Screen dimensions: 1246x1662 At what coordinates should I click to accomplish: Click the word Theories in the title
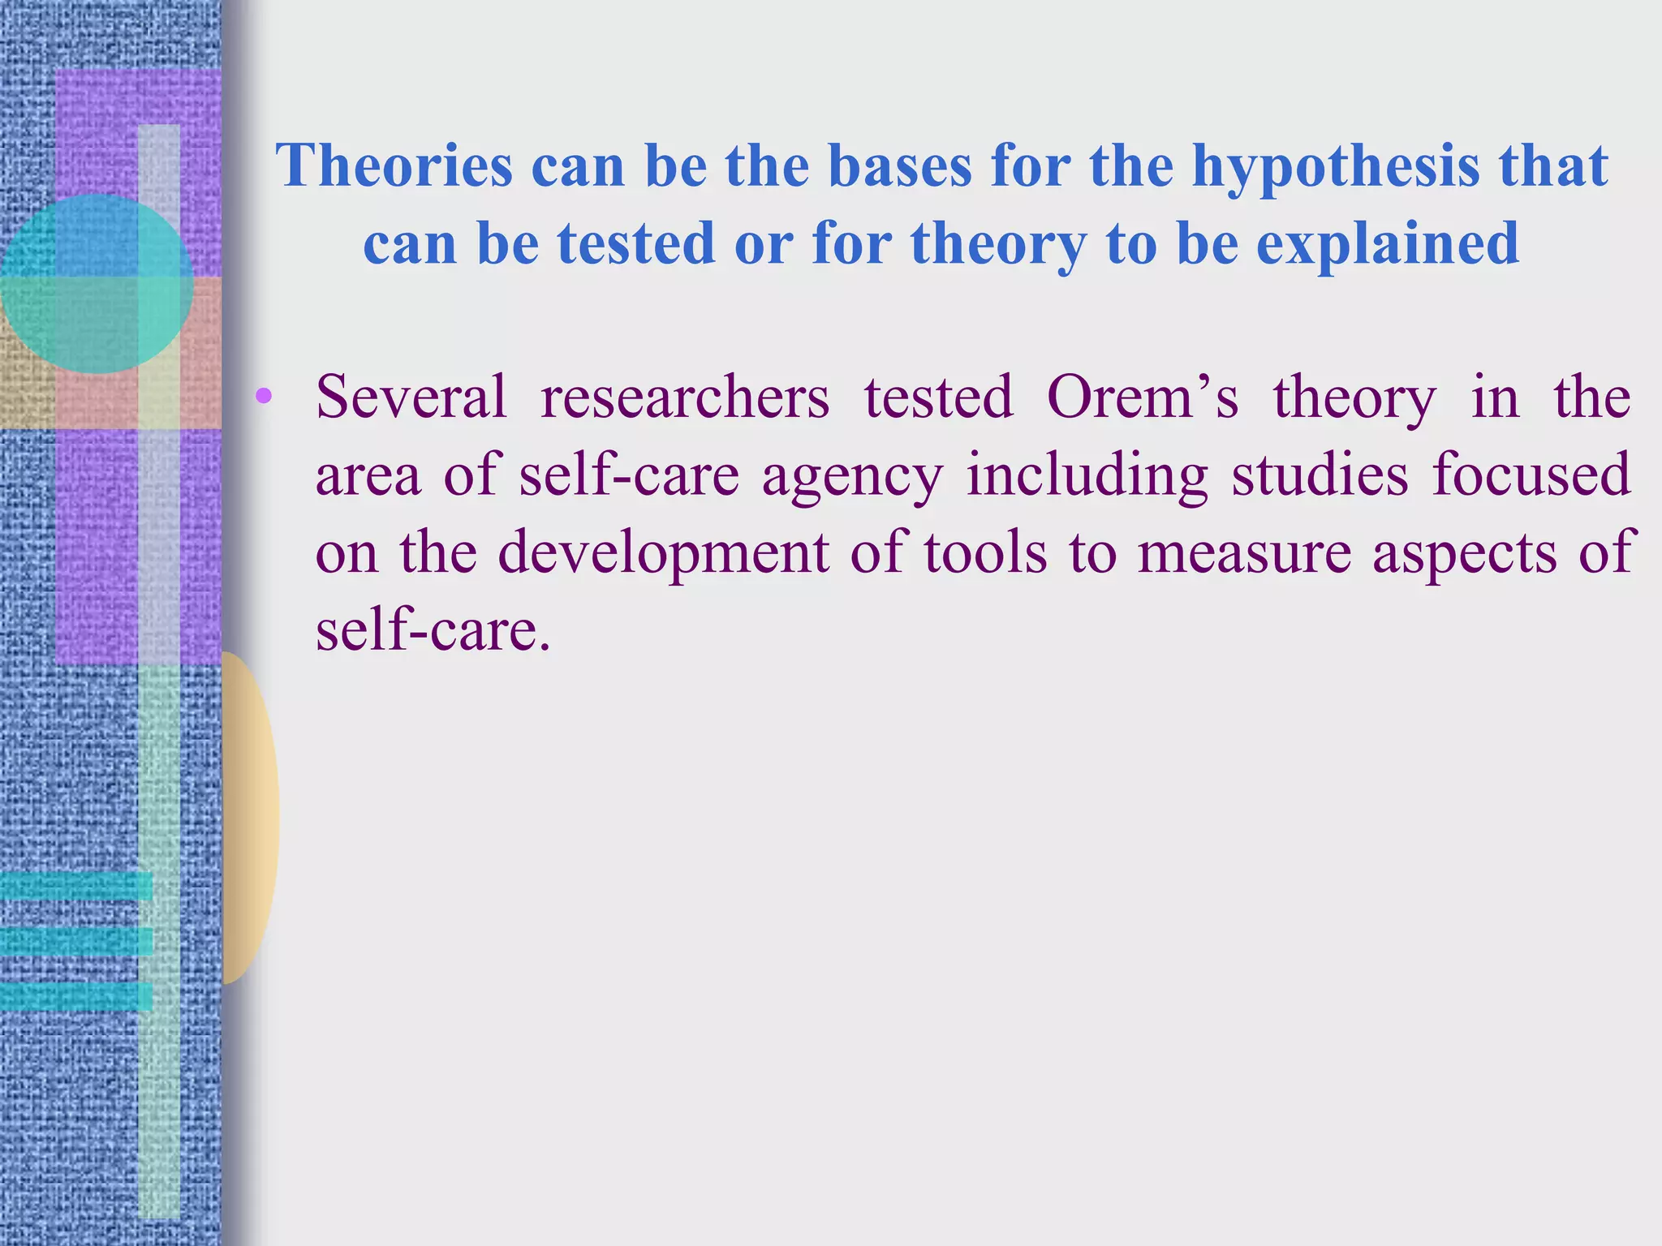click(394, 165)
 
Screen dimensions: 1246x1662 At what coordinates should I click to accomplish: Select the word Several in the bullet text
click(411, 397)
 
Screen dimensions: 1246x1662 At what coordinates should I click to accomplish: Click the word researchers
click(685, 397)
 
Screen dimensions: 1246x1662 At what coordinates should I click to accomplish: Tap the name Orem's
click(1143, 397)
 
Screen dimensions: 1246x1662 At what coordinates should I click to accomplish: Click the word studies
click(1320, 475)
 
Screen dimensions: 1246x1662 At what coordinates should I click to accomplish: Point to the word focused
click(1531, 475)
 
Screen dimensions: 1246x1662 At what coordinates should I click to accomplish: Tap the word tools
click(985, 553)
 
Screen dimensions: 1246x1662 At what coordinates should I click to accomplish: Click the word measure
click(1244, 553)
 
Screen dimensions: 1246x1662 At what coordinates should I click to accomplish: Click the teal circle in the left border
click(96, 284)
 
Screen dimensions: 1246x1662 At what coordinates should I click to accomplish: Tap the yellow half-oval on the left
click(250, 818)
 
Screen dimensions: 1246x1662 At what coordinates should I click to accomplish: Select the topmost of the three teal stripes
click(75, 886)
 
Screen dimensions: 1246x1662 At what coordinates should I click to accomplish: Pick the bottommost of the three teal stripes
click(75, 996)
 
